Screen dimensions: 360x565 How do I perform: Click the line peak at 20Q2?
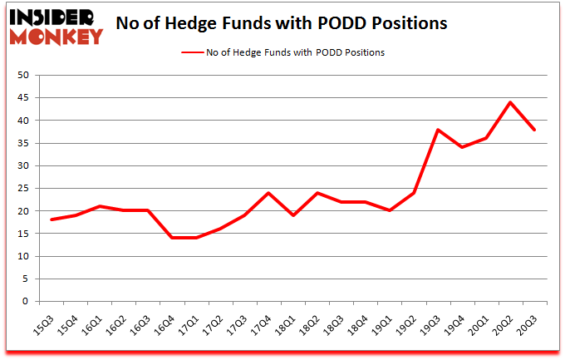[x=510, y=102]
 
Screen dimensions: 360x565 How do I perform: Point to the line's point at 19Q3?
[x=437, y=130]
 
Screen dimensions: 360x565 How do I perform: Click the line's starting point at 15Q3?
[x=52, y=220]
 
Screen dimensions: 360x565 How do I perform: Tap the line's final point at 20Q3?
[x=534, y=130]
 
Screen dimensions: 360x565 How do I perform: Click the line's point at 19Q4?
[x=461, y=148]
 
